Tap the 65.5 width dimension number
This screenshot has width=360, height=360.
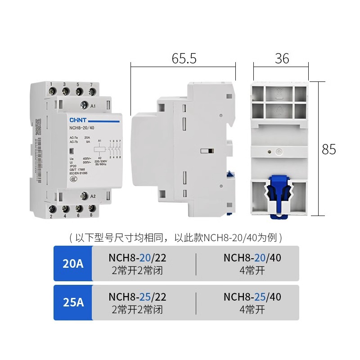point(184,58)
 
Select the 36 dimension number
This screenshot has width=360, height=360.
point(282,58)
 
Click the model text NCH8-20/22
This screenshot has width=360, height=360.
point(137,257)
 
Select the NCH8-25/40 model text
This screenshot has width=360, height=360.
point(252,297)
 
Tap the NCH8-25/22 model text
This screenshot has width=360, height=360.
point(137,297)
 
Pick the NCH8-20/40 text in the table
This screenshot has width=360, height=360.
point(252,257)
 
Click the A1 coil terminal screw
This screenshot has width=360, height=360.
point(84,106)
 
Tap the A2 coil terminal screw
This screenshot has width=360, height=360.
point(84,196)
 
